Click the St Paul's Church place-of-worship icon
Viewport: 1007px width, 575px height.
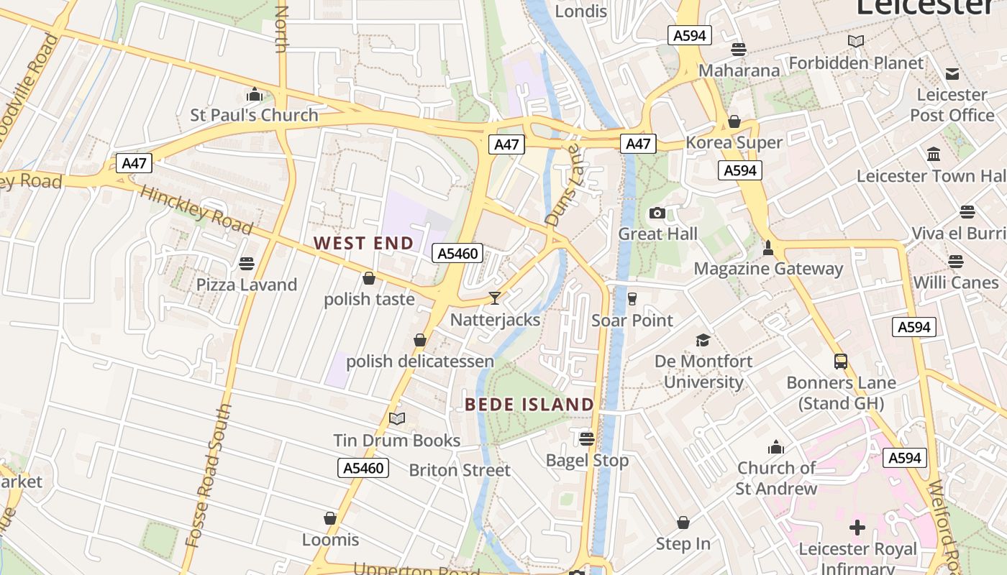coord(254,95)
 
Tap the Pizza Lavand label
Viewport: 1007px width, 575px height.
coord(247,285)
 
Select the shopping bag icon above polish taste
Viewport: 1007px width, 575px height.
coord(369,278)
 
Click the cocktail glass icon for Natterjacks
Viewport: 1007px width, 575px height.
coord(495,298)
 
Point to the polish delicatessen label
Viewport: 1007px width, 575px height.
coord(420,361)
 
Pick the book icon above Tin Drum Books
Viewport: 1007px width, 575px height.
coord(397,418)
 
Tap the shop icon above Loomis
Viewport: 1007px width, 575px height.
coord(330,518)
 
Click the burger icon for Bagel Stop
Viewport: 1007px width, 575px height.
coord(587,438)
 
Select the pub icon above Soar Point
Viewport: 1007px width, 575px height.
coord(632,298)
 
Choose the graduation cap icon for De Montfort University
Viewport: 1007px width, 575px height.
coord(703,340)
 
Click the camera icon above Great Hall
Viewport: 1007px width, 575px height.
coord(657,213)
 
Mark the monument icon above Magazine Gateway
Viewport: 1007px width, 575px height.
coord(768,248)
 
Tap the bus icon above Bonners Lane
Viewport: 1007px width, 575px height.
coord(841,361)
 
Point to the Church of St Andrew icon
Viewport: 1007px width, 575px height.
coord(775,447)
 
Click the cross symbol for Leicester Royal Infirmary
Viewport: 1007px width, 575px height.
coord(857,528)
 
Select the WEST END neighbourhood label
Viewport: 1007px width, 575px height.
coord(364,243)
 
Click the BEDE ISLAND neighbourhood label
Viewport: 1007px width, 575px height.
coord(529,404)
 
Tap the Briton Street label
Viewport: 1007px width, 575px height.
coord(460,470)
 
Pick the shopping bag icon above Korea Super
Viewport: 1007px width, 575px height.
coord(734,121)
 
